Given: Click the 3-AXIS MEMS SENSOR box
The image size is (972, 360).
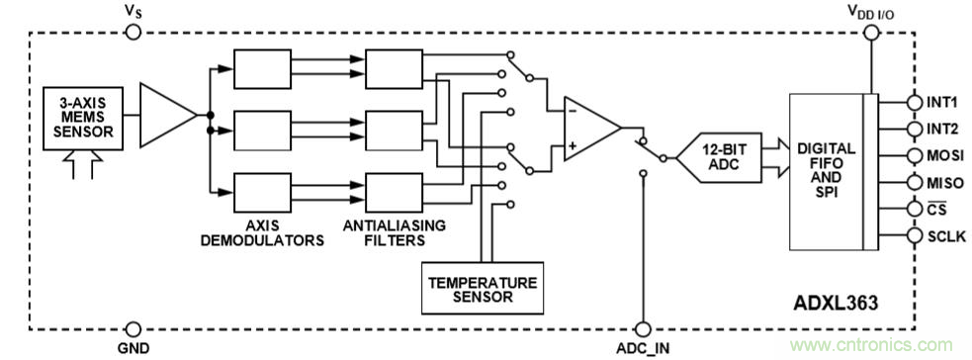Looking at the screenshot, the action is click(x=83, y=118).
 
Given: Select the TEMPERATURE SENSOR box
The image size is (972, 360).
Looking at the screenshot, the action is click(x=483, y=288).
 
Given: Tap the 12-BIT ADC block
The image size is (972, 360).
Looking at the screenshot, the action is click(x=718, y=157).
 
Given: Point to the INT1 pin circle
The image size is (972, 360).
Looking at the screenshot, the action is click(x=915, y=102).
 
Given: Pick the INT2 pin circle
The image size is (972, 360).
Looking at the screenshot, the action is click(x=915, y=129).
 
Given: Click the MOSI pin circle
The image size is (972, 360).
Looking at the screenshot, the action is click(x=915, y=155).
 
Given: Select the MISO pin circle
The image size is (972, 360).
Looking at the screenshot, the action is click(x=915, y=182).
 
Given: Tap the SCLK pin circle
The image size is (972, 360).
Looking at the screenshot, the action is click(x=915, y=235).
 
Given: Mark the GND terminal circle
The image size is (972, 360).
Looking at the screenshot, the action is click(x=133, y=329).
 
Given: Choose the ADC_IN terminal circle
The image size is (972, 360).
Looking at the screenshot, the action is click(x=644, y=329).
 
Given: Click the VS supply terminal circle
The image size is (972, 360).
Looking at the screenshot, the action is click(x=133, y=33).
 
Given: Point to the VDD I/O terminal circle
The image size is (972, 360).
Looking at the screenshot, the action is click(x=871, y=33).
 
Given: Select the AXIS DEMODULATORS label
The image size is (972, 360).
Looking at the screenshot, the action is click(x=262, y=232).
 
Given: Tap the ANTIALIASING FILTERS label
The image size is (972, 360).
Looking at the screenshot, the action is click(x=395, y=232).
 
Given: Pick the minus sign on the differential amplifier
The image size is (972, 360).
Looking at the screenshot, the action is click(x=573, y=112).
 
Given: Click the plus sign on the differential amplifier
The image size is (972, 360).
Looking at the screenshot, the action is click(x=573, y=146).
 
